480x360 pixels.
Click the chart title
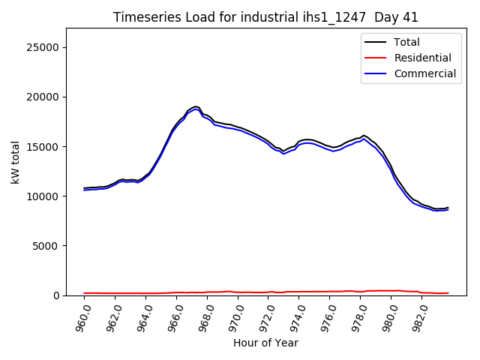[x=265, y=17]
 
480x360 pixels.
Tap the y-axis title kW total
[x=16, y=162]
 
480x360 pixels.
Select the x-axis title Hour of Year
[x=265, y=343]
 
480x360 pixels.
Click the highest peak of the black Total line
[x=195, y=106]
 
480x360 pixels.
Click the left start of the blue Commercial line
[x=84, y=190]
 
